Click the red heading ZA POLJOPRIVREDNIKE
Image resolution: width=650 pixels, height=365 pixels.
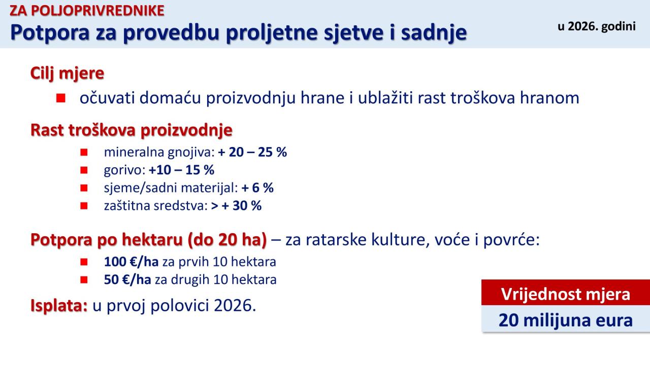(87, 11)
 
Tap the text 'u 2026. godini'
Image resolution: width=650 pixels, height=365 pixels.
(597, 27)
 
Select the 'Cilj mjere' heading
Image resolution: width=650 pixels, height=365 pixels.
(67, 73)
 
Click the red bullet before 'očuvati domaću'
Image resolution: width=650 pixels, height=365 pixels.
(60, 98)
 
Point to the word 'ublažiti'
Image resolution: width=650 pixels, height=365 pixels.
(385, 98)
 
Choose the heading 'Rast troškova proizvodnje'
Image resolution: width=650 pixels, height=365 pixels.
(132, 130)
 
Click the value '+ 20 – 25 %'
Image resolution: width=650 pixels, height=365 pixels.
(252, 152)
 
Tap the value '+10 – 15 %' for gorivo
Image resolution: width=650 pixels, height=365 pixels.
(181, 170)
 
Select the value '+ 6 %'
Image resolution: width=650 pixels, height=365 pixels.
(257, 188)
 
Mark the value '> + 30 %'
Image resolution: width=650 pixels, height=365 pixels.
(236, 206)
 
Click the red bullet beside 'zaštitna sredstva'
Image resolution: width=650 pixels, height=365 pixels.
(84, 206)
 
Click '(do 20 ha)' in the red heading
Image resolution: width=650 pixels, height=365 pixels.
(227, 240)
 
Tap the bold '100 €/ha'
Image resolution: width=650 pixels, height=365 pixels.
(131, 262)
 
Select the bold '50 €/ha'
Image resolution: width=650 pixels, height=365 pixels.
(127, 280)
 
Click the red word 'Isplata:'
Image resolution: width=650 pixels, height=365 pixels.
(59, 305)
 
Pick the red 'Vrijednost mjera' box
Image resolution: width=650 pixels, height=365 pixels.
(566, 293)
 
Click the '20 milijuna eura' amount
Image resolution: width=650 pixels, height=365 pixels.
(566, 320)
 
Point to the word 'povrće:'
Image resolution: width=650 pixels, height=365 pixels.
(511, 240)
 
